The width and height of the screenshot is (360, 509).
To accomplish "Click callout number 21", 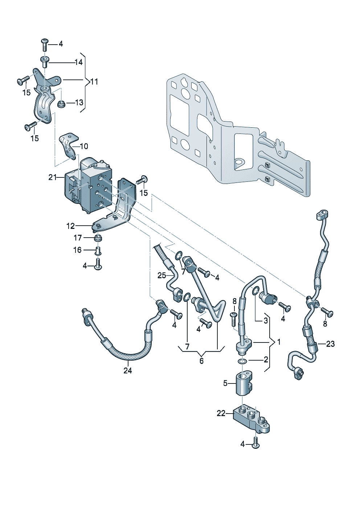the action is (53, 177).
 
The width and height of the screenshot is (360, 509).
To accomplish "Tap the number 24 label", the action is (128, 371).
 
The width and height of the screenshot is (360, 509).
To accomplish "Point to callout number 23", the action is (330, 344).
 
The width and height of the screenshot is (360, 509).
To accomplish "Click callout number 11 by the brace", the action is (94, 82).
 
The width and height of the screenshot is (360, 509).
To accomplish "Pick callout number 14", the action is (79, 62).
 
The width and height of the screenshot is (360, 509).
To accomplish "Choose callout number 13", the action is (79, 103).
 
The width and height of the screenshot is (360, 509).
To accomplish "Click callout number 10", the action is (84, 146).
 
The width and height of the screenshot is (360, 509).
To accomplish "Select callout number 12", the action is (71, 226).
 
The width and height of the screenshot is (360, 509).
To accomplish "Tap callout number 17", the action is (78, 238).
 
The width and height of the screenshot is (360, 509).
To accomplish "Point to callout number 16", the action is (78, 250).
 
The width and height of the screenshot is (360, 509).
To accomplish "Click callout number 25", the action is (162, 276).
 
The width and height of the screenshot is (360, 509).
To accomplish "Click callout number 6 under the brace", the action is (201, 361).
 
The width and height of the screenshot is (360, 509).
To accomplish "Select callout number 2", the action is (266, 360).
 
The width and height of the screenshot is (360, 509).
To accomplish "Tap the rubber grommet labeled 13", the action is (61, 105).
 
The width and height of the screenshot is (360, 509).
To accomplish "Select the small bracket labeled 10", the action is (69, 147).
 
